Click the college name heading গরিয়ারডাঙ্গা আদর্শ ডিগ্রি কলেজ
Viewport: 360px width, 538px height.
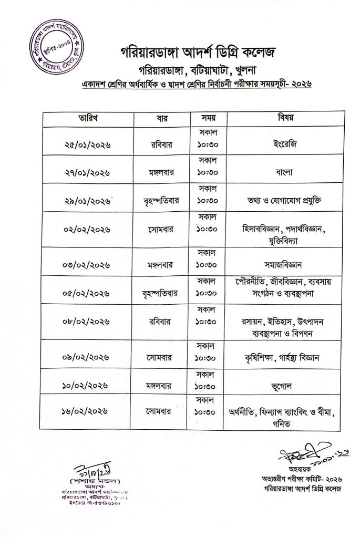point(197,53)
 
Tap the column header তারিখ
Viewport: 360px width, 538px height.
point(87,118)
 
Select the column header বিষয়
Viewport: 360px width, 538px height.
point(285,118)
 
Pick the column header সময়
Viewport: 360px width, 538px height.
point(207,118)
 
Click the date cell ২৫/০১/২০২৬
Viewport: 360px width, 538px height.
point(87,145)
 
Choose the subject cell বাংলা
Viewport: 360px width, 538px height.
point(285,172)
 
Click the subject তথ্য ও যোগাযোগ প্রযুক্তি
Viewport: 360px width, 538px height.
point(284,201)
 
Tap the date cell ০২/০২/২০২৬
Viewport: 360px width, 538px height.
point(87,230)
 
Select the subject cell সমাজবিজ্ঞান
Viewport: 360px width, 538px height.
point(284,264)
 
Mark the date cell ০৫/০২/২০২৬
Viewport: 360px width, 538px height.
point(87,293)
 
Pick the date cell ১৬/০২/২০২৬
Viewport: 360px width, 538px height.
point(87,412)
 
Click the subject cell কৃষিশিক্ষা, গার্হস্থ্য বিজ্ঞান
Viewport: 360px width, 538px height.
point(284,358)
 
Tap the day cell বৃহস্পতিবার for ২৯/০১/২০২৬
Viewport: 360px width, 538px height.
point(161,201)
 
